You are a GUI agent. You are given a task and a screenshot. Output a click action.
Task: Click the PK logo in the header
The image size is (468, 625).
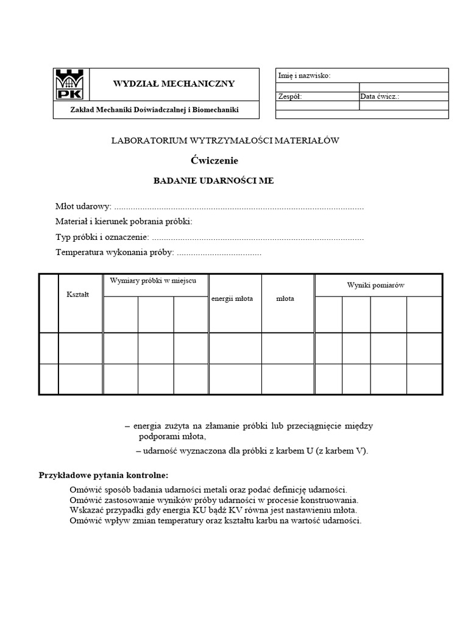[x=71, y=84]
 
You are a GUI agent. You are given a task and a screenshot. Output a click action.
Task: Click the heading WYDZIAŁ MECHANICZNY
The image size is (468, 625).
[x=174, y=84]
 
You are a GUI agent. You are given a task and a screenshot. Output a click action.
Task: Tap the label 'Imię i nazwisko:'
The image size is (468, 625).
[x=304, y=76]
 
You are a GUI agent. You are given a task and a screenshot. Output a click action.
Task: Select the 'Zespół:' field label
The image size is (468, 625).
[x=289, y=96]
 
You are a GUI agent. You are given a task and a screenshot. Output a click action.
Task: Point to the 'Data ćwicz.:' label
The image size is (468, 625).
[x=380, y=96]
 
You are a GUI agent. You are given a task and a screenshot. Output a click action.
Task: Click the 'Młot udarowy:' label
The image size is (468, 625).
[x=83, y=207]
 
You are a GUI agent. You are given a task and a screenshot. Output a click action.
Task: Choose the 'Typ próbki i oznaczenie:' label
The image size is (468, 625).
[x=102, y=237]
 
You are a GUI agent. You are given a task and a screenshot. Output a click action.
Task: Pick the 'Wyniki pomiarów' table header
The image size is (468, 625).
[x=376, y=285]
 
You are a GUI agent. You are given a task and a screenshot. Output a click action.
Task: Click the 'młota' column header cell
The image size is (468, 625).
[x=285, y=298]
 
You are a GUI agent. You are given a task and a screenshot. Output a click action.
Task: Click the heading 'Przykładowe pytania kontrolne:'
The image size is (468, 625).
[x=104, y=475]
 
